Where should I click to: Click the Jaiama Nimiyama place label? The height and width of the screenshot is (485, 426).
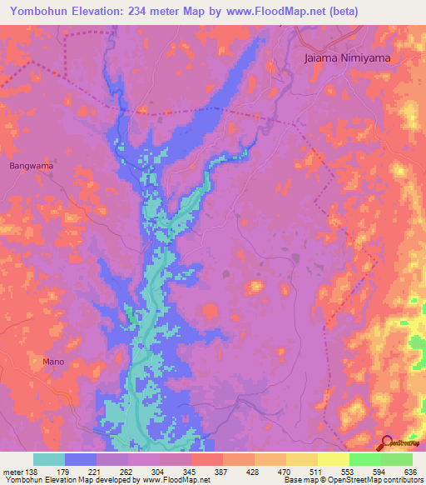pos(347,59)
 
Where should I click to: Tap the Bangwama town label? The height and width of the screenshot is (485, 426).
pos(32,166)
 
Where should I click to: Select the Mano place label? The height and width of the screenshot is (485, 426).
pos(52,362)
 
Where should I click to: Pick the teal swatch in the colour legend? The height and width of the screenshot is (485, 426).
pos(49,459)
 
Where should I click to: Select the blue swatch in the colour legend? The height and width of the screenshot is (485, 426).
pos(81,459)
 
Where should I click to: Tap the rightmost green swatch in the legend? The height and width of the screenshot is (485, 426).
pos(396,459)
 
